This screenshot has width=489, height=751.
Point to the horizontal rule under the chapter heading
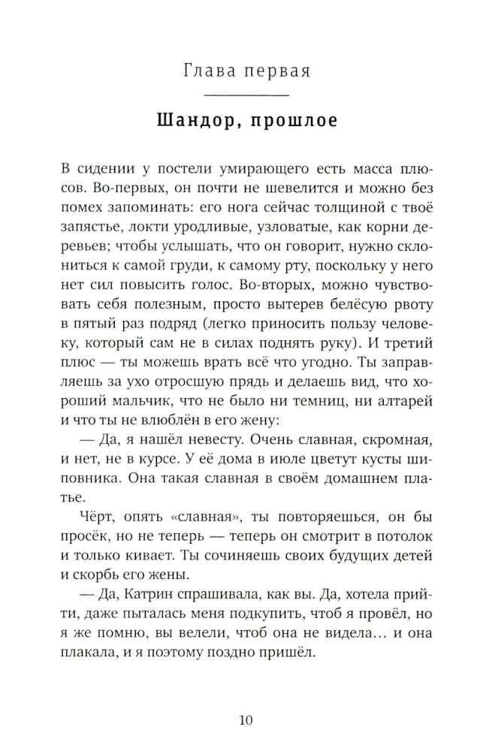[x=246, y=95]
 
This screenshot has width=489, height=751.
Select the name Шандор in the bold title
[x=192, y=120]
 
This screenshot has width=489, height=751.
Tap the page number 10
[x=246, y=720]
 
